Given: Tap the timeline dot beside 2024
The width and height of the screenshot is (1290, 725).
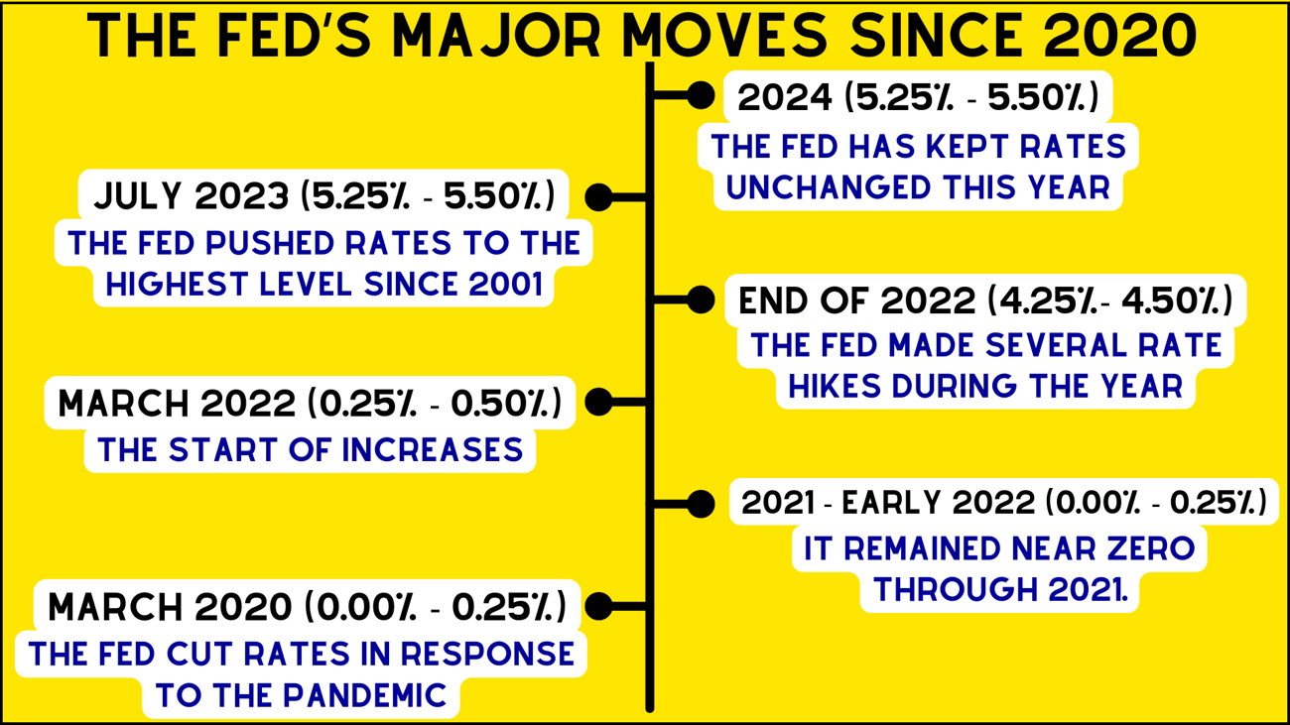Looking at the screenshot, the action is point(701,95).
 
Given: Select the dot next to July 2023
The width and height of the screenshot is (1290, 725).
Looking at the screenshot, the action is point(599,197).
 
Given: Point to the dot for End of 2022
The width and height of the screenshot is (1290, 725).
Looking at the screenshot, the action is point(701,300).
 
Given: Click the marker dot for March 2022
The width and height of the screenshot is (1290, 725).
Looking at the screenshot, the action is point(599,402).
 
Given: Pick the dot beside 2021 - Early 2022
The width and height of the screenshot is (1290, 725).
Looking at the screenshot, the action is point(701,504).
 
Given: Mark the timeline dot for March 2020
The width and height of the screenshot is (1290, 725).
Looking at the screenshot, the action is point(599,606).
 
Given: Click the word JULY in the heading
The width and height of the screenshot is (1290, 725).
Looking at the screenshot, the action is point(138,196).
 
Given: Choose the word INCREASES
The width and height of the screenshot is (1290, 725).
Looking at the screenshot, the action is point(432,450).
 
